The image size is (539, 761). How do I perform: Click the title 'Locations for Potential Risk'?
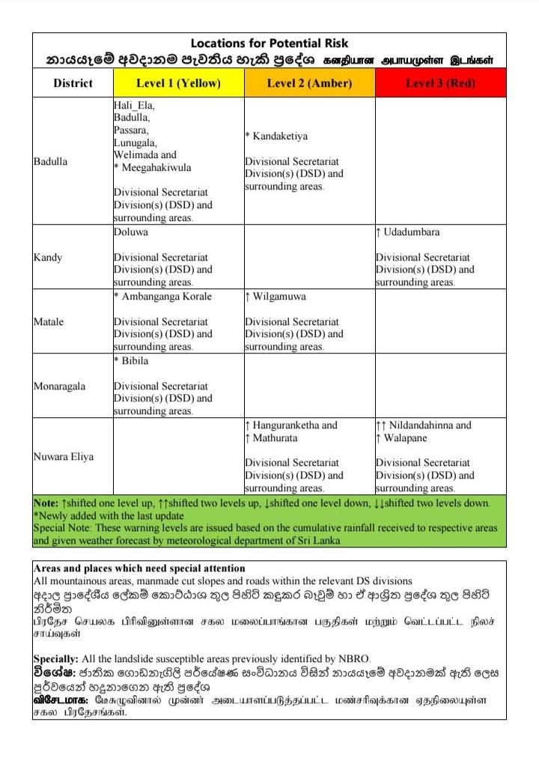pos(269,43)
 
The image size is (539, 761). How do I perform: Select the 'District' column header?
pos(73,83)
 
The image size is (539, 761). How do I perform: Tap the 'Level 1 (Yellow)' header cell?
pos(178,83)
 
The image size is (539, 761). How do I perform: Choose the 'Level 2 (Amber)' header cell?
pos(309,83)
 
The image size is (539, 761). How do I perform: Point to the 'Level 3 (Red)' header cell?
pos(440,83)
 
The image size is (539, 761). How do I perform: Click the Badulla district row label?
pos(50,162)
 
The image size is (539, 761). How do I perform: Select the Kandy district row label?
pos(48,258)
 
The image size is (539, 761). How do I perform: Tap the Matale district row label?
pos(49,322)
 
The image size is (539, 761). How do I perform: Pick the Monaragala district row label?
pos(59,386)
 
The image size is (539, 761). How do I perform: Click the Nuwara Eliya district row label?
pos(64,456)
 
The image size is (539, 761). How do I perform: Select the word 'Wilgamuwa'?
pos(279,297)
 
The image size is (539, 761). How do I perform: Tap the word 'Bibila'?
pos(135,361)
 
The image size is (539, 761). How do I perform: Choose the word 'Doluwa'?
pos(131,232)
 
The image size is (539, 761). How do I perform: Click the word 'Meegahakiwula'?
pos(156,168)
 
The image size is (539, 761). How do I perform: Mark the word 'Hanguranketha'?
pos(287,425)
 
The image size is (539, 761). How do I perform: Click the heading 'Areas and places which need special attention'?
pos(139,569)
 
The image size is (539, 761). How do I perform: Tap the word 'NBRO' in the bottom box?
pos(354,658)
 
